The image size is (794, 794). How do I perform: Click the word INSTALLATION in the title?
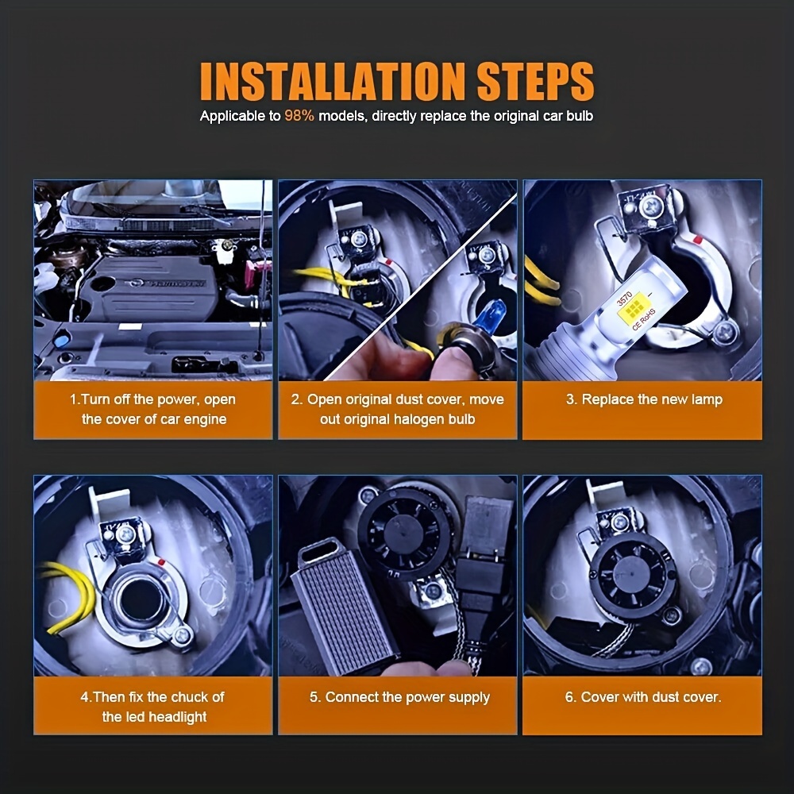(x=332, y=81)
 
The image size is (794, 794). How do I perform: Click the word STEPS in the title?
(x=535, y=81)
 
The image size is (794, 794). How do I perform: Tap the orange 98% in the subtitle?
(x=299, y=116)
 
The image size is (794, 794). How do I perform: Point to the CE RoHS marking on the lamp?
(x=644, y=319)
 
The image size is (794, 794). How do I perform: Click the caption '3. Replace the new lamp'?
(x=644, y=399)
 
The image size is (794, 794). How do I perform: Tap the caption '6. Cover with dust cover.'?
(x=643, y=697)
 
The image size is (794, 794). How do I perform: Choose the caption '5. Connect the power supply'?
(x=399, y=697)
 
